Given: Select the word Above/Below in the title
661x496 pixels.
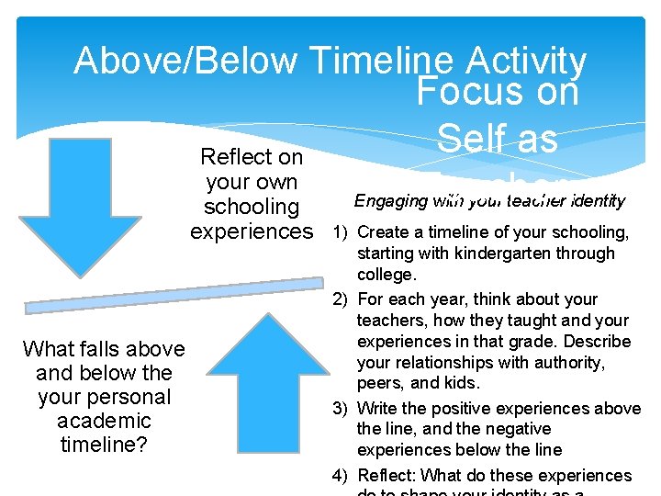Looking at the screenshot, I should (186, 61).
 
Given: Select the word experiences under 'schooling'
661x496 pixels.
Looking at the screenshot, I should (252, 231).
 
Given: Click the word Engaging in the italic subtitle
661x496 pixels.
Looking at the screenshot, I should (391, 200).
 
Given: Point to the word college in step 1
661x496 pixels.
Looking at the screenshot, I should (385, 275).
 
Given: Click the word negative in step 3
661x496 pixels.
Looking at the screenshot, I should (521, 429).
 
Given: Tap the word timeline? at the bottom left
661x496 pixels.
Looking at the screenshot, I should (104, 445).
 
